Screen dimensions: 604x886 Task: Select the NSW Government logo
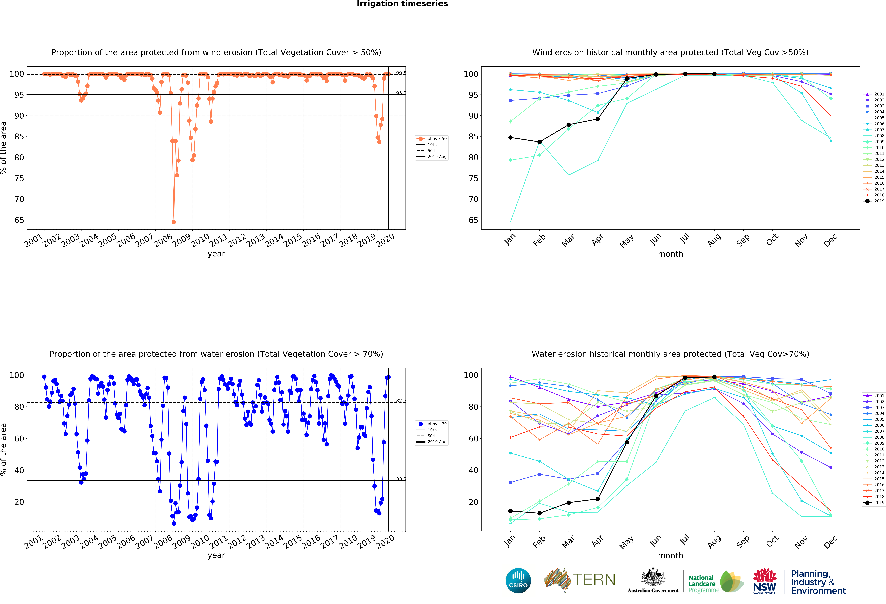tap(764, 581)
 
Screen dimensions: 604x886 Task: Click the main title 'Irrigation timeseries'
tap(402, 4)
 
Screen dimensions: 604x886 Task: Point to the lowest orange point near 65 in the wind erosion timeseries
tap(174, 222)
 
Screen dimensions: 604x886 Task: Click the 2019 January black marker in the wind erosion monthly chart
tap(510, 138)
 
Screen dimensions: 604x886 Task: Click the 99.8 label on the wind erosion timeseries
tap(401, 73)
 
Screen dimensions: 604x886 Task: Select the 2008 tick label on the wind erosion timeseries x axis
tap(163, 240)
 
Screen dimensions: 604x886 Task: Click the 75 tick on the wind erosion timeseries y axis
tap(19, 178)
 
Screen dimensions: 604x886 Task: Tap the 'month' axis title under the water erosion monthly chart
tap(670, 556)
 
